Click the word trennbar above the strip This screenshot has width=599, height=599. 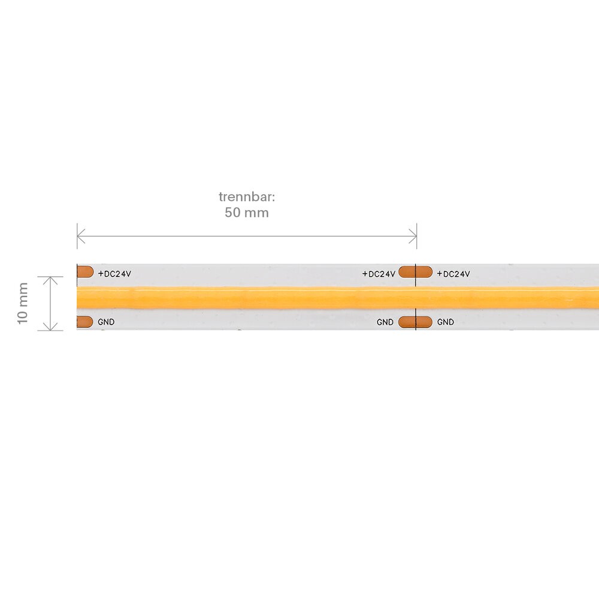[x=246, y=196]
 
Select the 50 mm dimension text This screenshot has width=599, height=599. [x=246, y=213]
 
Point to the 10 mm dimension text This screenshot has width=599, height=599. [x=23, y=303]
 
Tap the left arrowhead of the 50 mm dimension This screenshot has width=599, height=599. [x=81, y=236]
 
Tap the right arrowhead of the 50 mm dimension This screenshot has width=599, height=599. [x=413, y=236]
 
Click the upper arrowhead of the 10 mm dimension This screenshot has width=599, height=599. [x=50, y=281]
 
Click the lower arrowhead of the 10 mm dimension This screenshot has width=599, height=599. [x=50, y=326]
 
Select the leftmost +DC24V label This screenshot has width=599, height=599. [x=114, y=274]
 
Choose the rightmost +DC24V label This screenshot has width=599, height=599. [x=453, y=274]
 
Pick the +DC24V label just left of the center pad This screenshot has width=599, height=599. [x=379, y=274]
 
